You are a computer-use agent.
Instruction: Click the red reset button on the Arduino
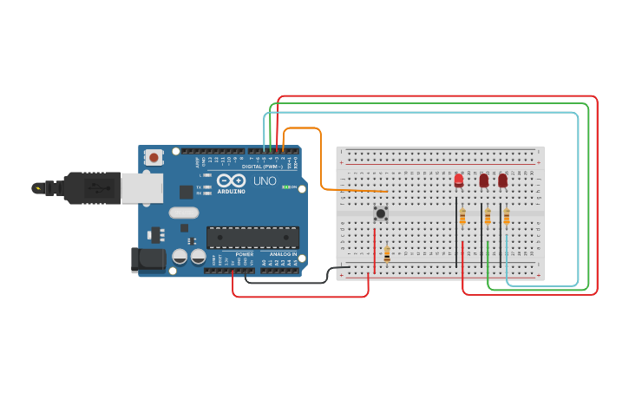coord(154,157)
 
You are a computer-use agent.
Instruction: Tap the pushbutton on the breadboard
coord(380,213)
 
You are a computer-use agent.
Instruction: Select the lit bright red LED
coord(459,180)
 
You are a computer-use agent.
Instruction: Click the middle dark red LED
coord(484,180)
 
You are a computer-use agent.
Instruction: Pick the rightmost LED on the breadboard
coord(502,180)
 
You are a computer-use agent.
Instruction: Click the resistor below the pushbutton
coord(387,253)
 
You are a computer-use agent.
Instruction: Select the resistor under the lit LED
coord(462,216)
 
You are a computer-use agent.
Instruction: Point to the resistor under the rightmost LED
coord(507,216)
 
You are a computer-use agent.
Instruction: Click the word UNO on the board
coord(265,181)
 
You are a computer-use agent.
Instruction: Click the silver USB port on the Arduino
coord(141,187)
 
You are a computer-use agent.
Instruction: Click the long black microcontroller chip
coord(252,238)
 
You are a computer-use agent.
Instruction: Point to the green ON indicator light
coord(285,187)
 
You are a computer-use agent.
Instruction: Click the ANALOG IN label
coord(282,254)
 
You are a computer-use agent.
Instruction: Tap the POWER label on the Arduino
coord(244,254)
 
